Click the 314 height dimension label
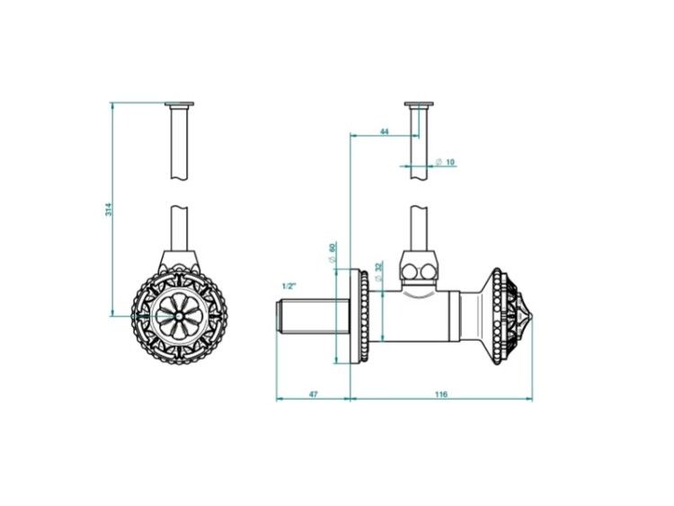coord(109,209)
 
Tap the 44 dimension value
coord(385,131)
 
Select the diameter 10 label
coord(446,162)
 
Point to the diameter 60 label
coord(332,253)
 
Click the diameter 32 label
coord(378,271)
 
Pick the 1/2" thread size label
coord(289,286)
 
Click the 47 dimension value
coord(314,394)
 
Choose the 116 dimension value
coord(441,394)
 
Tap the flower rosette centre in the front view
coord(179,316)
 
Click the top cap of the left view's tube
coord(179,103)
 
